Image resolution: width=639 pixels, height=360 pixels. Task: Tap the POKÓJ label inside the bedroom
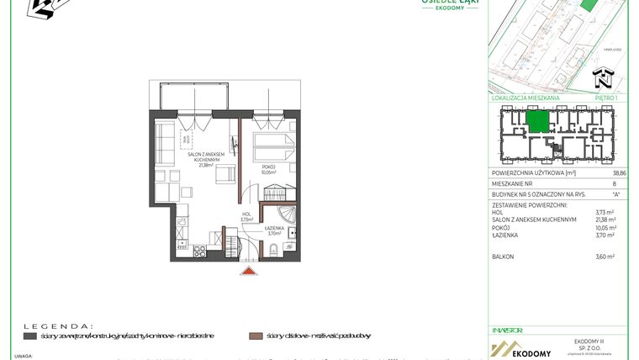point(268,167)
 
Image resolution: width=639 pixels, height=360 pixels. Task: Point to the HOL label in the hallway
point(247,214)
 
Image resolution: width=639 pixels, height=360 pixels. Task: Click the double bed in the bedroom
point(272,143)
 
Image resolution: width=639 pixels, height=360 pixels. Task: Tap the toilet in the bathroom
point(275,246)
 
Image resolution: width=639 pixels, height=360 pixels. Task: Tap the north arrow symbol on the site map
point(603,79)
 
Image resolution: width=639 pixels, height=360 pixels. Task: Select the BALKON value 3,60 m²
point(605,257)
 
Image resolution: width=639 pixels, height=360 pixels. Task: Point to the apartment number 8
point(615,183)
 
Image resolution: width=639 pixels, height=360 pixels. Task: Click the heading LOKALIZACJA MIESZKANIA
point(525,98)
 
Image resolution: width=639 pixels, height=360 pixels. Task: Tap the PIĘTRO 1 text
point(605,98)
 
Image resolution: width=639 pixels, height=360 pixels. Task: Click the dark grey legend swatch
point(29,336)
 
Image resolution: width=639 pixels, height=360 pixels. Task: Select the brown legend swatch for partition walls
point(256,336)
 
